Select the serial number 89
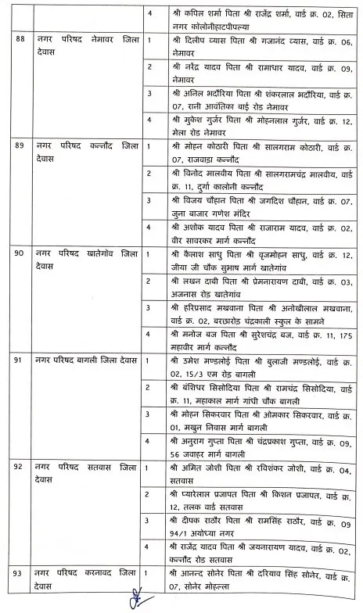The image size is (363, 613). (14, 146)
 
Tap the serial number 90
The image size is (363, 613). (14, 254)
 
